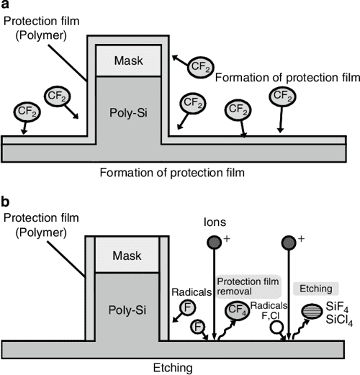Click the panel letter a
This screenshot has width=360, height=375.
[x=6, y=8]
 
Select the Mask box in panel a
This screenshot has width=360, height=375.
[x=127, y=60]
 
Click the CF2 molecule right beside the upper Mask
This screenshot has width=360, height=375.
[x=199, y=67]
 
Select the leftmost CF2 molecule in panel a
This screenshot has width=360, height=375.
[x=25, y=111]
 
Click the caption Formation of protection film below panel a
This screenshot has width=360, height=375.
[x=180, y=173]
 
